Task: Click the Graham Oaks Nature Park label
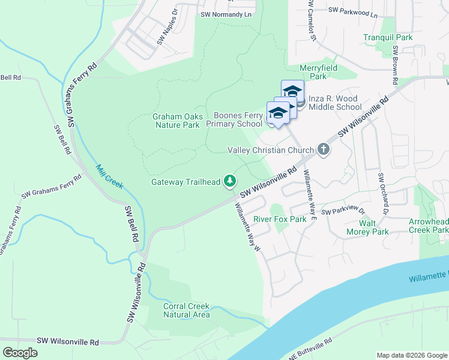click(175, 121)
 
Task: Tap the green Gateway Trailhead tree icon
click(229, 181)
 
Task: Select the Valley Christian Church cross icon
click(323, 150)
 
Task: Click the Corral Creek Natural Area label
click(187, 310)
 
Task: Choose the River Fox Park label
click(280, 219)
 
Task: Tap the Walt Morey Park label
click(367, 227)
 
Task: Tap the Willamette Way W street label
click(247, 225)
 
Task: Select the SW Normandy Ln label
click(226, 14)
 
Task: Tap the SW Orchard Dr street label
click(383, 194)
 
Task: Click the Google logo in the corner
click(20, 353)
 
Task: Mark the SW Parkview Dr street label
click(343, 211)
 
